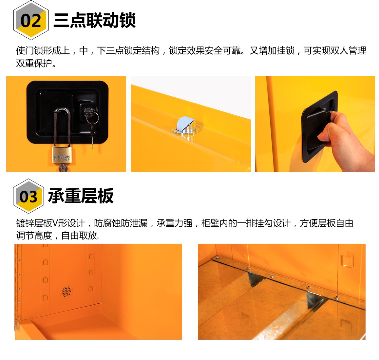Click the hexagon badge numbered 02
coord(31,20)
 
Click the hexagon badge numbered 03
coord(28,196)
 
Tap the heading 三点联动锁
coord(94,20)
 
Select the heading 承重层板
coord(81,196)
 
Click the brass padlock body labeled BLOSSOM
coord(62,155)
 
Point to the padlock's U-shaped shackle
coord(62,128)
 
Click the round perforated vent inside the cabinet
coord(66,291)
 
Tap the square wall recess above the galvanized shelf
coord(347,260)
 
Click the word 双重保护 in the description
coord(34,63)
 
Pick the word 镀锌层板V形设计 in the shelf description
coord(50,223)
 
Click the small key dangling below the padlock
coord(63,168)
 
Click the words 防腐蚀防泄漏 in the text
coord(121,223)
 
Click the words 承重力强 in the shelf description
coord(175,223)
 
